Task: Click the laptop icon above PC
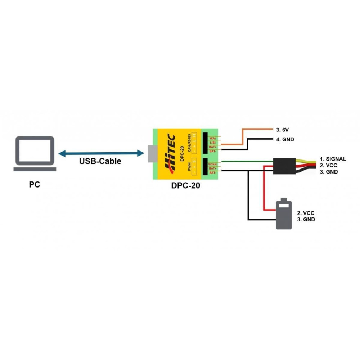(35, 153)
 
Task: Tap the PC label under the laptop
(35, 185)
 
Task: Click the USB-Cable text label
(100, 161)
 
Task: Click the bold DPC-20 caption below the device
(185, 186)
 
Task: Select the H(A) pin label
(213, 139)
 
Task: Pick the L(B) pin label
(213, 143)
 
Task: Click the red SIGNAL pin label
(213, 164)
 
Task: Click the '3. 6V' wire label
(283, 129)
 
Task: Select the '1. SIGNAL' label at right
(333, 159)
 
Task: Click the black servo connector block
(284, 166)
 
